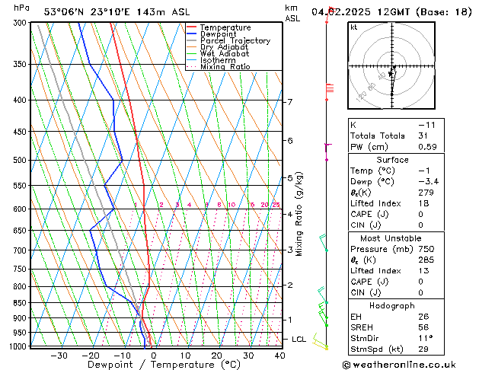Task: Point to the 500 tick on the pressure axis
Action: point(20,161)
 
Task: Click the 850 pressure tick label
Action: point(20,303)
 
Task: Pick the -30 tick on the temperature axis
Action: point(59,356)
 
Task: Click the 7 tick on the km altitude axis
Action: point(290,102)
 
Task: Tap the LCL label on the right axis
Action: point(299,339)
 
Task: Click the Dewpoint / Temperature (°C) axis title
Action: point(155,365)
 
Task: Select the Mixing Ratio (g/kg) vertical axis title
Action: point(299,214)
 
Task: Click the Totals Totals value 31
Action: point(423,136)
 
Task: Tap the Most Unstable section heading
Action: point(392,238)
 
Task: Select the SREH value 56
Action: point(423,327)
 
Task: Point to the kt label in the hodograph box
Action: point(354,27)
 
